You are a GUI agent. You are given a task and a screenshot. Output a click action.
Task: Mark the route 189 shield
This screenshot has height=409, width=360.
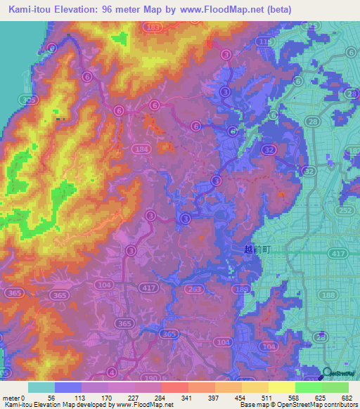point(243,291)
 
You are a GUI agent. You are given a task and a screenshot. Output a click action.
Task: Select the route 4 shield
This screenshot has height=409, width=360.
point(111,372)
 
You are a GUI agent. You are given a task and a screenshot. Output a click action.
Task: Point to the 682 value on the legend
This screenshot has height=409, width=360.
point(345,398)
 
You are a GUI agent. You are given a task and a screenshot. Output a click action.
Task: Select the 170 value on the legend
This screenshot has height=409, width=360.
point(106,398)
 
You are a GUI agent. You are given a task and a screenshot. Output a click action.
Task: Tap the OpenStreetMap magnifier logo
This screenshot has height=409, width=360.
point(327,374)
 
